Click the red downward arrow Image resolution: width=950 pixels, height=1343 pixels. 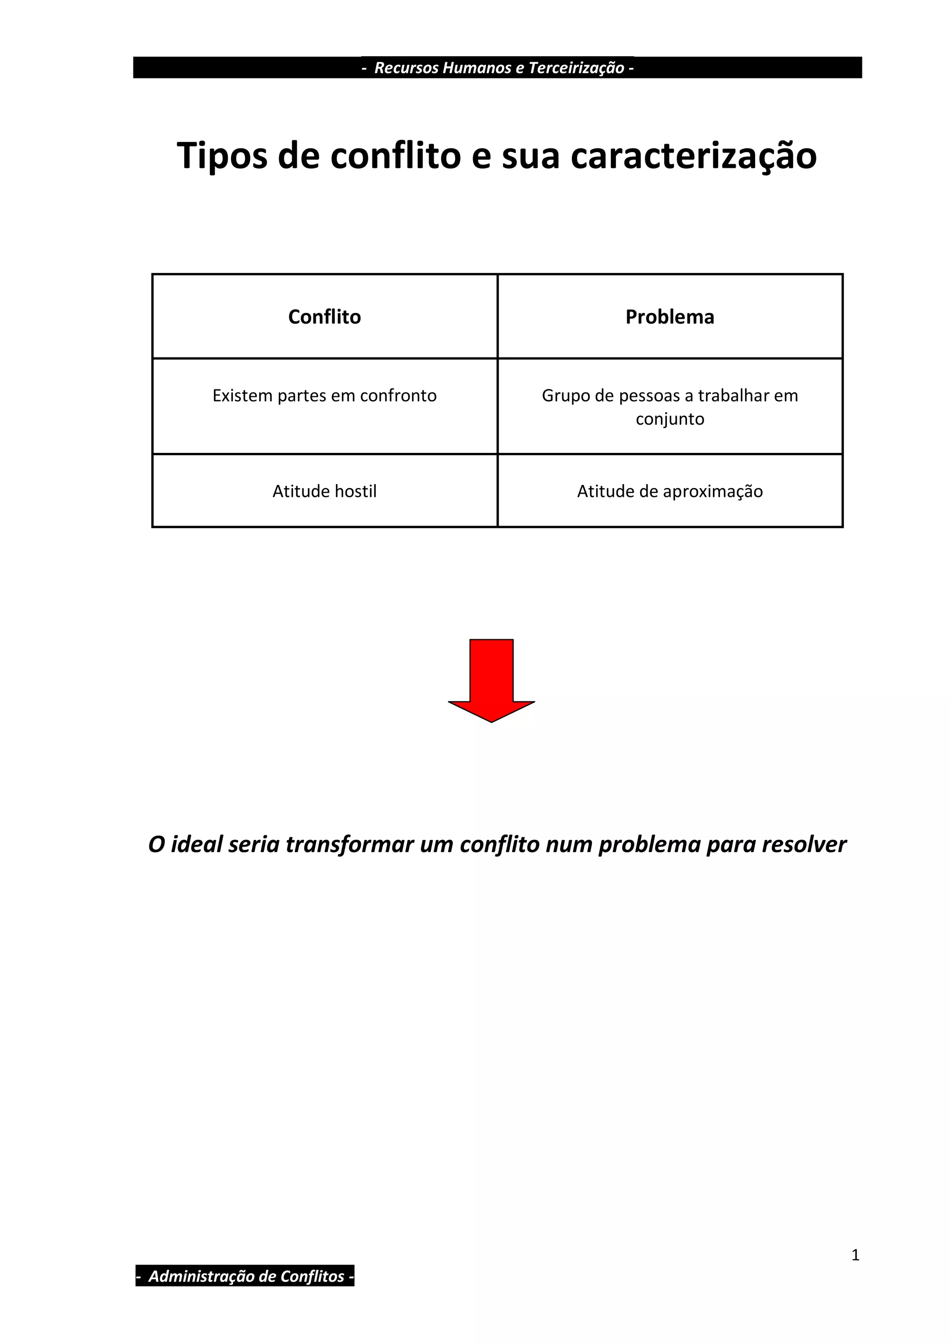coord(491,679)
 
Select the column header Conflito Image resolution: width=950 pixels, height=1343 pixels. coord(324,317)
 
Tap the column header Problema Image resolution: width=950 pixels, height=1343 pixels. coord(670,317)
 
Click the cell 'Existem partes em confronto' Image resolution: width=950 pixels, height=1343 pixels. coord(324,396)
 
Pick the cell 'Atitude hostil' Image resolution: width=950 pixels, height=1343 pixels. coord(324,491)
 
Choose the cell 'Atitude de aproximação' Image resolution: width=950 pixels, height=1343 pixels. coord(670,491)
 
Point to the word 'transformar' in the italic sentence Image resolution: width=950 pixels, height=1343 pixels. coord(349,845)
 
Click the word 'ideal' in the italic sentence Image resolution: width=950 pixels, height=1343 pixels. coord(196,845)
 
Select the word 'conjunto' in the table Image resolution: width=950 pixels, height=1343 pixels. coord(670,420)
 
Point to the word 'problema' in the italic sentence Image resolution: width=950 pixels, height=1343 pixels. coord(649,845)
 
